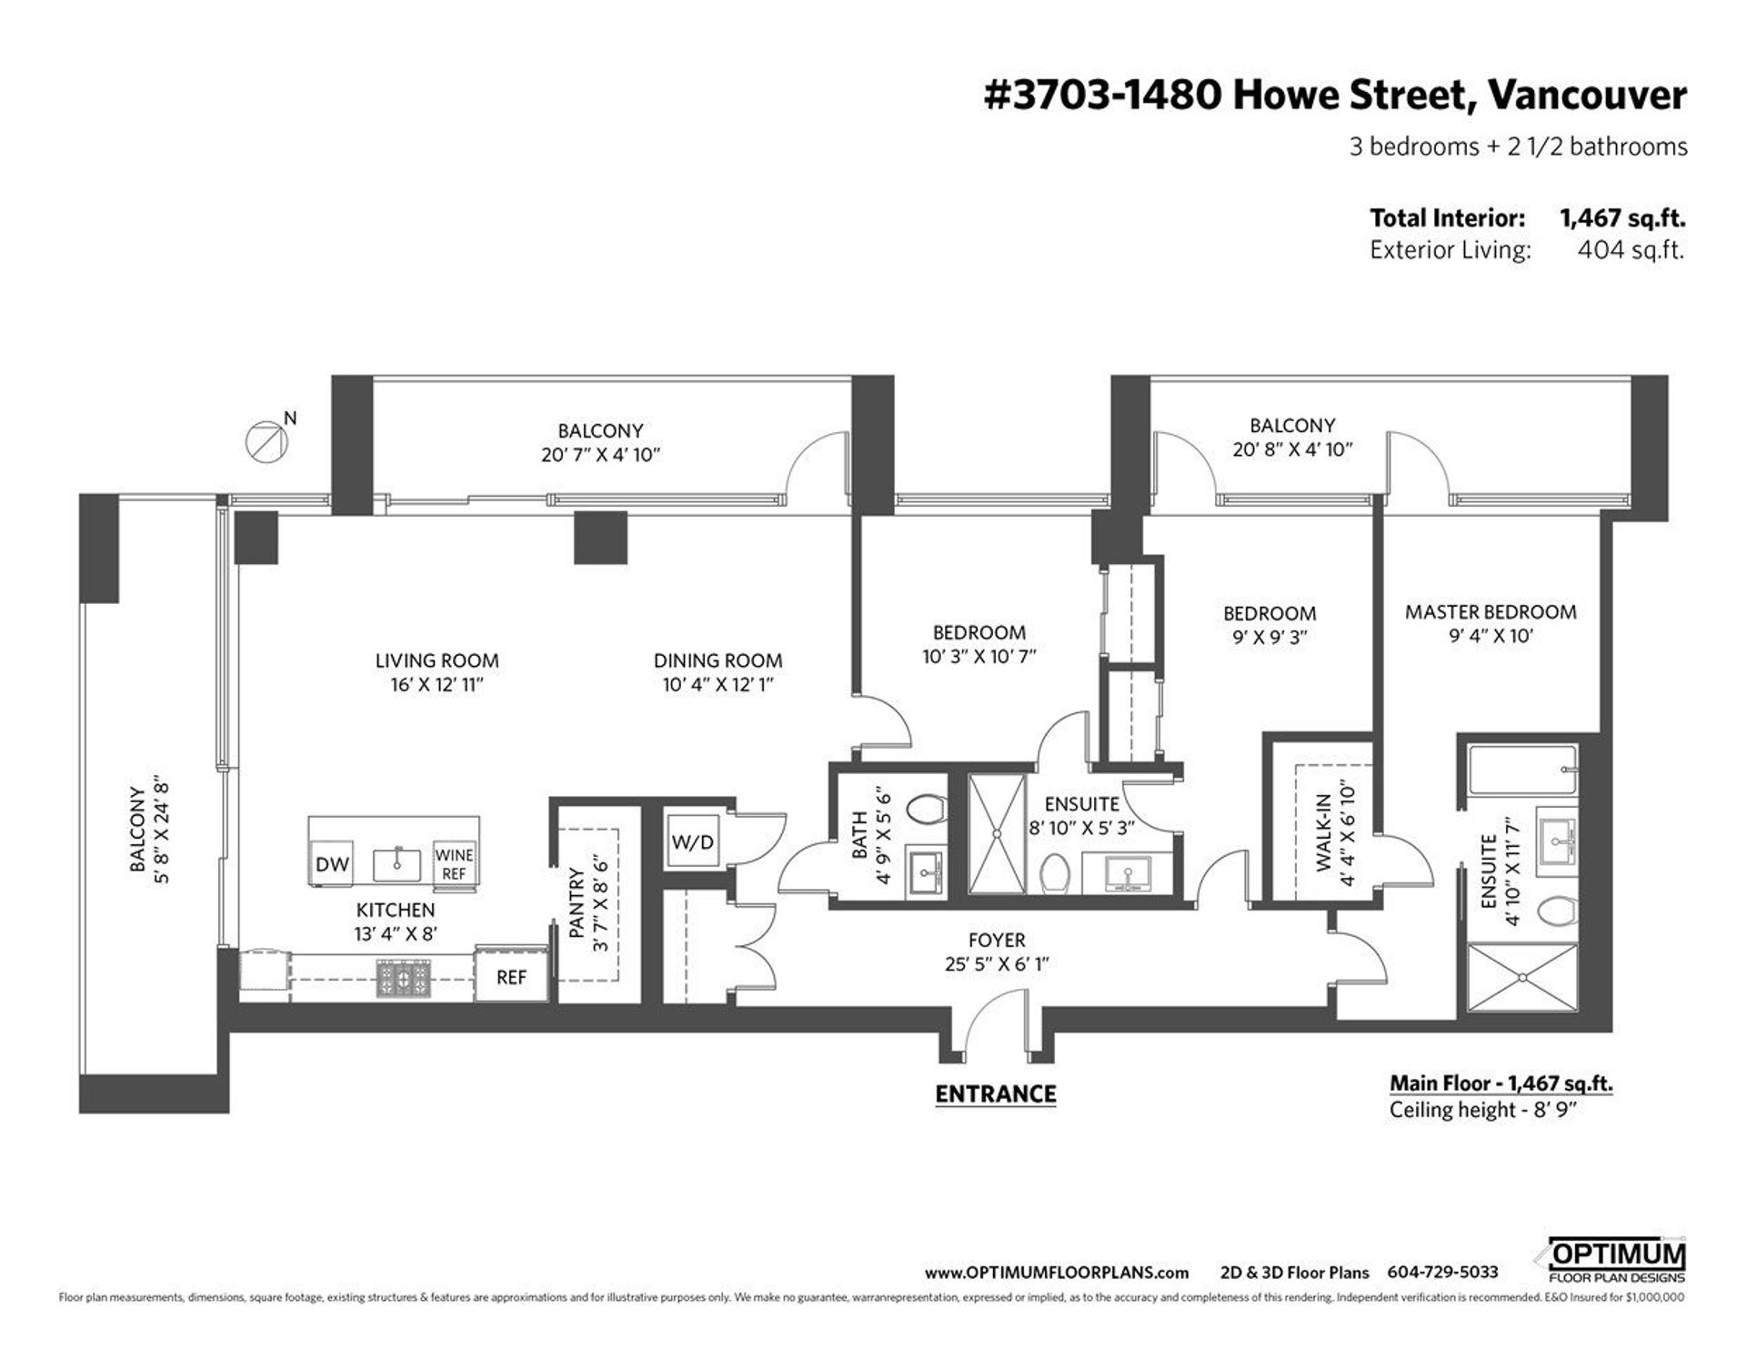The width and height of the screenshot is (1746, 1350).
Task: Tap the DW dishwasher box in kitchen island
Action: coord(332,863)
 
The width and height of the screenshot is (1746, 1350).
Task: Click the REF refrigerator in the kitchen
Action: coord(511,975)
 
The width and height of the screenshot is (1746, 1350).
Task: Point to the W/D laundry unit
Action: coord(693,842)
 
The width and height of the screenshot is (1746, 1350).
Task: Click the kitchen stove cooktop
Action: coord(406,980)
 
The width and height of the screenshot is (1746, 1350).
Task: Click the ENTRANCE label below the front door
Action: coord(996,1093)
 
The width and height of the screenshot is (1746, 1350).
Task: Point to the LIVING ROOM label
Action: coord(437,660)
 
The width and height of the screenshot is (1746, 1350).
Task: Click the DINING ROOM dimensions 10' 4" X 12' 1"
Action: coord(718,685)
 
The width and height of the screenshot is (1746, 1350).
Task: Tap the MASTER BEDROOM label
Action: coord(1490,611)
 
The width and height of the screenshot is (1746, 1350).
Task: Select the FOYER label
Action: coord(997,940)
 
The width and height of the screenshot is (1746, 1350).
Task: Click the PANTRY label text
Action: coord(576,902)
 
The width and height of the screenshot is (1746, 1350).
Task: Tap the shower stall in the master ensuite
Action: coord(1523,977)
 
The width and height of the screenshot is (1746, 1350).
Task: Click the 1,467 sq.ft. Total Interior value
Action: coord(1622,218)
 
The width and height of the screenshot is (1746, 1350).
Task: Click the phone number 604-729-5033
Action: coord(1443,1273)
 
